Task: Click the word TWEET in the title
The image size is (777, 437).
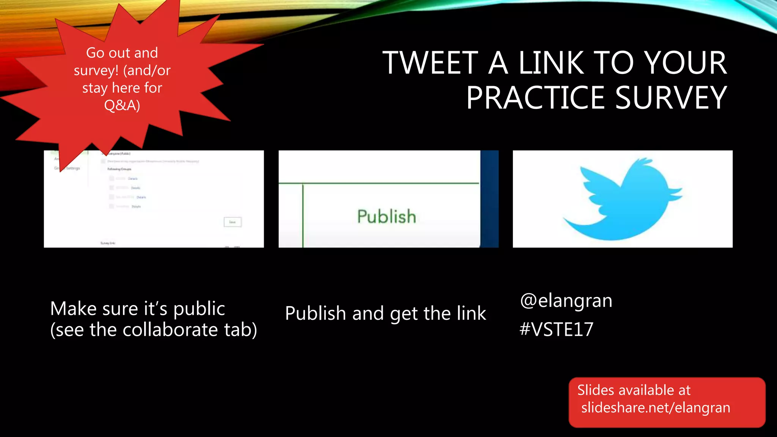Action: pyautogui.click(x=430, y=63)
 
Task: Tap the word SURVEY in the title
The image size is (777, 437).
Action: pyautogui.click(x=670, y=98)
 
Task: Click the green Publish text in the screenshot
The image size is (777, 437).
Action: pyautogui.click(x=387, y=217)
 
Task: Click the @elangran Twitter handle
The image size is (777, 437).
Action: pyautogui.click(x=566, y=301)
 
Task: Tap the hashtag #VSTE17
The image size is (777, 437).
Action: pyautogui.click(x=556, y=329)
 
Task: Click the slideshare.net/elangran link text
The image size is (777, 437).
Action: pyautogui.click(x=656, y=407)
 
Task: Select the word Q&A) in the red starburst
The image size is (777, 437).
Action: pyautogui.click(x=122, y=105)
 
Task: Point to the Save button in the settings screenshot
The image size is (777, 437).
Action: pyautogui.click(x=233, y=222)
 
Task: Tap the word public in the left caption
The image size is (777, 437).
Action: pyautogui.click(x=199, y=309)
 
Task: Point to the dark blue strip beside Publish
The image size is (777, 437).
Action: pyautogui.click(x=489, y=199)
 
